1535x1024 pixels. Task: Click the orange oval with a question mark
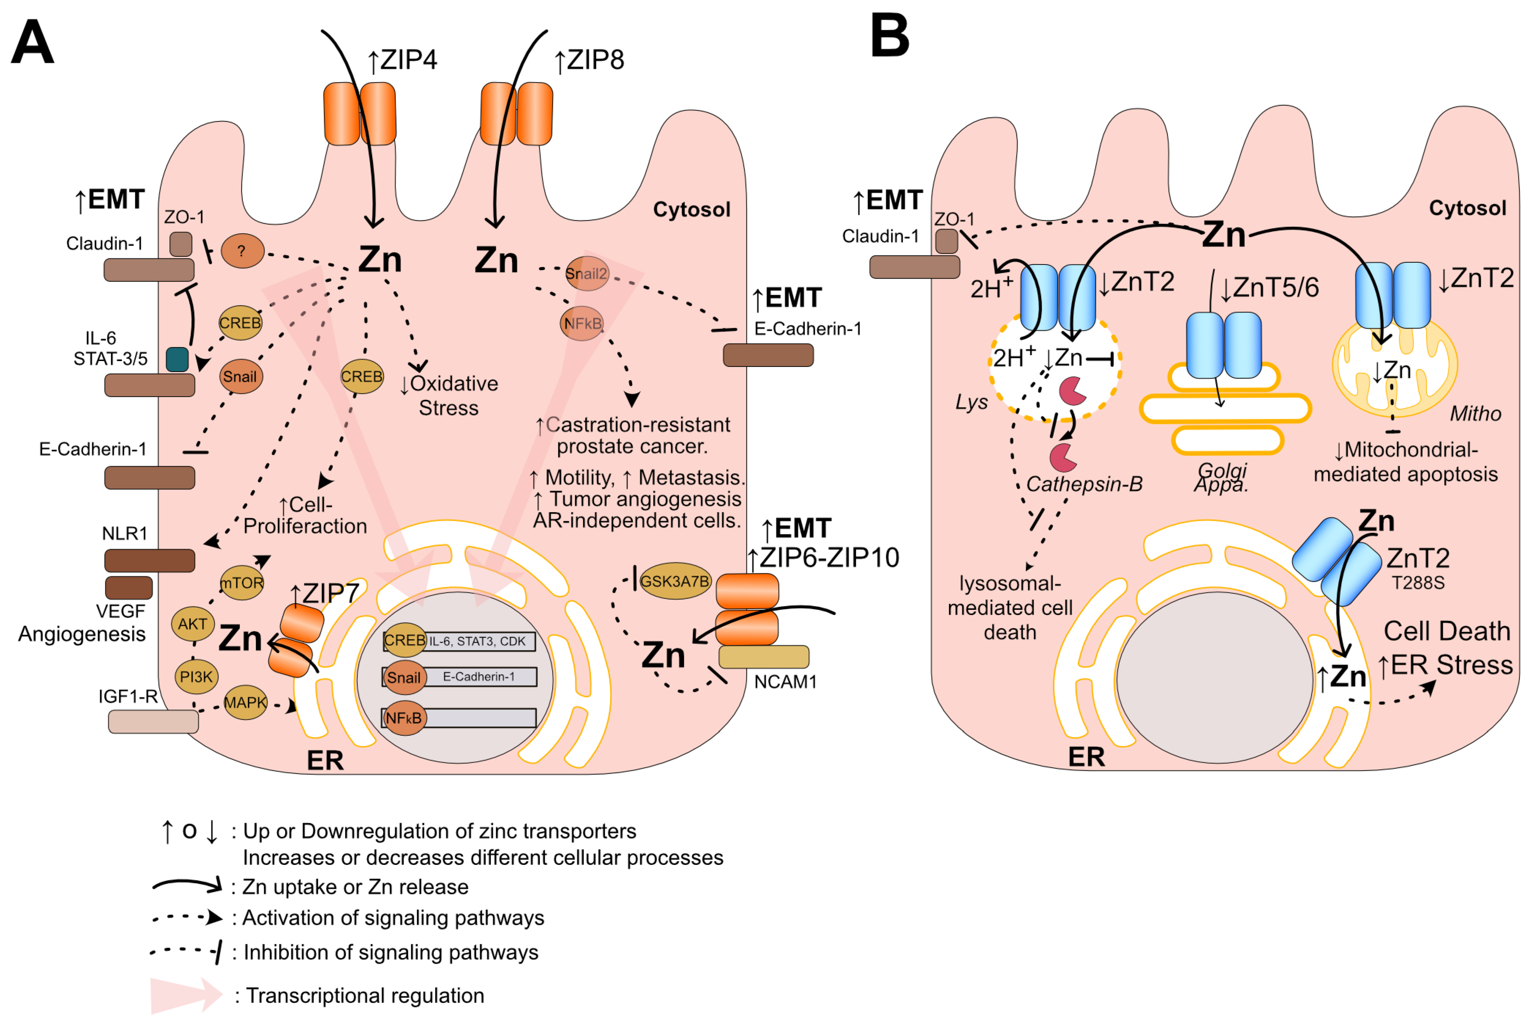coord(242,251)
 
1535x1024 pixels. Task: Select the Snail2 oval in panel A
coord(587,274)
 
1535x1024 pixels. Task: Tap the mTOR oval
coord(242,582)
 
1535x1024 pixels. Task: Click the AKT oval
coord(193,624)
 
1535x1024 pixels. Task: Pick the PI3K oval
coord(196,676)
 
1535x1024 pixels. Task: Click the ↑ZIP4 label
coord(403,60)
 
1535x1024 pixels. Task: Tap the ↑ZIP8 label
coord(589,60)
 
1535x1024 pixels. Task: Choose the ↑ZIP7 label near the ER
coord(325,593)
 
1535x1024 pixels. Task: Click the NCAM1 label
coord(785,682)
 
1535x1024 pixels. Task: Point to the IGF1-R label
coord(128,696)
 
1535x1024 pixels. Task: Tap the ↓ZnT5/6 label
coord(1269,287)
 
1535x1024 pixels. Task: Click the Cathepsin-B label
coord(1084,484)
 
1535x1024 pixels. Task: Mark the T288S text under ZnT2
coord(1418,582)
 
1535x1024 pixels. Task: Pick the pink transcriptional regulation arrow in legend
coord(186,995)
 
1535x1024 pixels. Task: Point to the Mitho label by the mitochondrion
coord(1476,413)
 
